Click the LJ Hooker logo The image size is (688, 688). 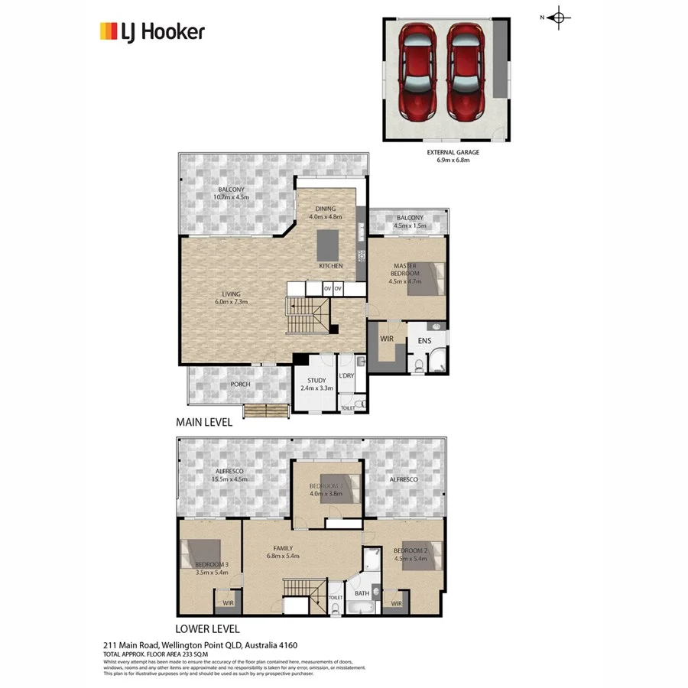(152, 31)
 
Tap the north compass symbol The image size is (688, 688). (559, 18)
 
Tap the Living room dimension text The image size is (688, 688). (232, 302)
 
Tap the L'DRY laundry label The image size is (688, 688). (346, 375)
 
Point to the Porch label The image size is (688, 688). (240, 385)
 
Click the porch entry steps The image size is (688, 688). (266, 411)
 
